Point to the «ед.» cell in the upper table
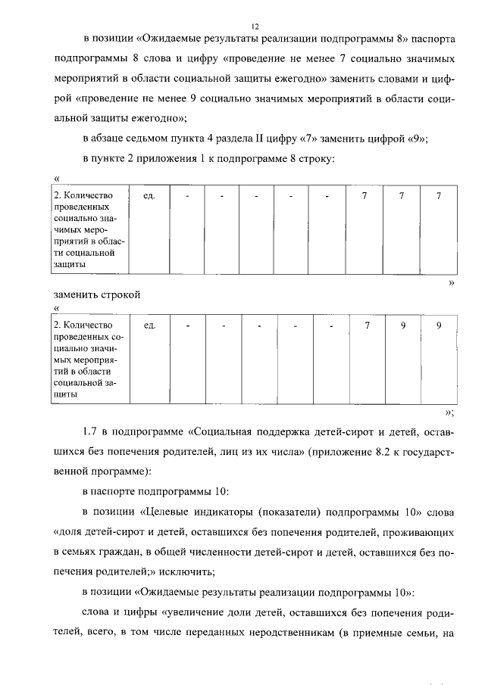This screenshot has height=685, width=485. point(149,196)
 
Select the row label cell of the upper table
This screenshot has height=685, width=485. point(89,229)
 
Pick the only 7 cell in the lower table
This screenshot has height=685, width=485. point(367,325)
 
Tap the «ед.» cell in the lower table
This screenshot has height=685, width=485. point(149,325)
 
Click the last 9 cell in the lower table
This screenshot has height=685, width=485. point(439,325)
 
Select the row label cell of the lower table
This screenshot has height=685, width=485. point(89,359)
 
